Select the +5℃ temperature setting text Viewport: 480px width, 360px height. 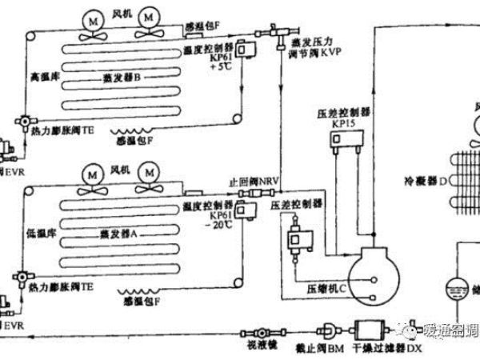pos(218,69)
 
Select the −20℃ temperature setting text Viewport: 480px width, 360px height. pos(219,225)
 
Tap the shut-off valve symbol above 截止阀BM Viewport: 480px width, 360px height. pos(329,329)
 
